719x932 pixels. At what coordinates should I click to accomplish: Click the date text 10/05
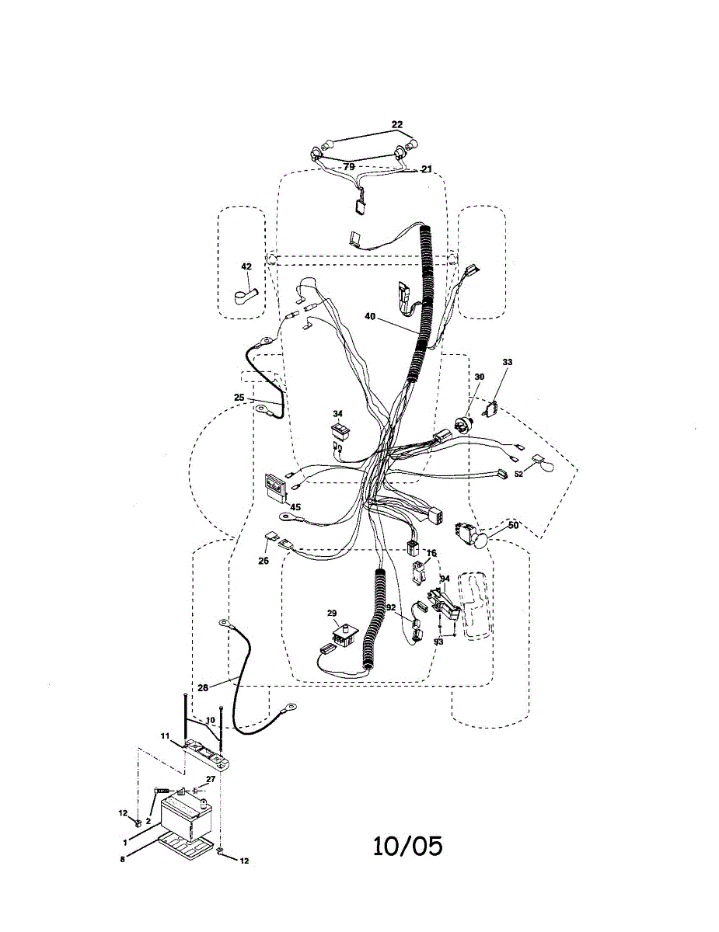407,845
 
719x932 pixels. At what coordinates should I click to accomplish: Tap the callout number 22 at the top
397,124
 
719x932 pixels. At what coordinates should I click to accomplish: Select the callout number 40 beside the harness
370,316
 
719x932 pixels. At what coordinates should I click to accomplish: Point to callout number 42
246,266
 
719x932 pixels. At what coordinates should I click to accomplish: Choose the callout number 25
239,397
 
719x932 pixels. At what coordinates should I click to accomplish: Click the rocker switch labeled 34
339,430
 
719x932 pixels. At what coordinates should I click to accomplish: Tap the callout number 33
508,362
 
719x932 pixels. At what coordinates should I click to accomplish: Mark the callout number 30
479,377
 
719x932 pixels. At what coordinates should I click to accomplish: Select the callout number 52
518,474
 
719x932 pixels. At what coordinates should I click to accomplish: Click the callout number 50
513,525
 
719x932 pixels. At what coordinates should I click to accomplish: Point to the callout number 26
264,560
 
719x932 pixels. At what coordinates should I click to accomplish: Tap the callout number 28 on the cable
202,687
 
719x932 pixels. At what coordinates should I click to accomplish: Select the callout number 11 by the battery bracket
165,735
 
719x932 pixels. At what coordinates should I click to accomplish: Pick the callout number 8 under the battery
123,859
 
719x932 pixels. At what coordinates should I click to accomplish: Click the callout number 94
445,579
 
